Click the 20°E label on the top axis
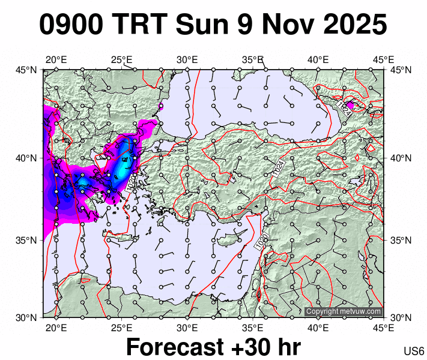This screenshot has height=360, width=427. point(56,59)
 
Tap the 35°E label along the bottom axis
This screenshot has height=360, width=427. point(253,328)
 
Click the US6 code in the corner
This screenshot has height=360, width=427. point(414,351)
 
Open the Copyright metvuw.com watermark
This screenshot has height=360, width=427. point(344,311)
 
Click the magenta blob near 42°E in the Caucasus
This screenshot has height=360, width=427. point(351,105)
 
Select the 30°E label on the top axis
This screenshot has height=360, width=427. point(187,59)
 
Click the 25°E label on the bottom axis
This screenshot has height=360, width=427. point(122,328)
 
